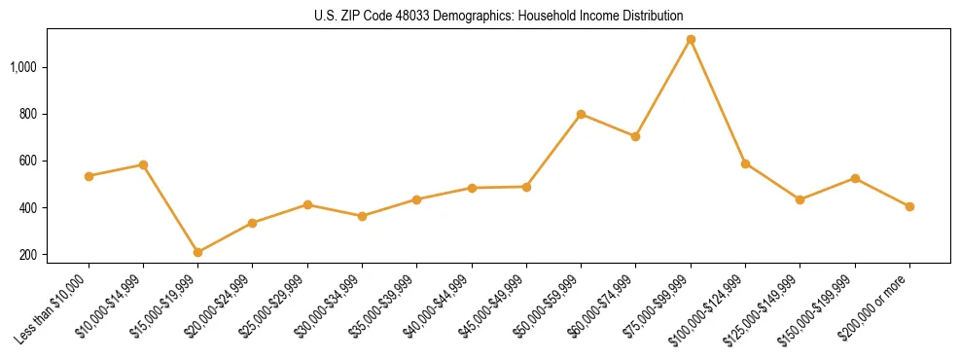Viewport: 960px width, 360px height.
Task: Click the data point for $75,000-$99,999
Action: [x=691, y=40]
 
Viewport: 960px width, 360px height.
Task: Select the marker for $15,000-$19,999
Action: [x=198, y=252]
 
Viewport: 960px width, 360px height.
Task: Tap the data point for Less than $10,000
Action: [x=89, y=176]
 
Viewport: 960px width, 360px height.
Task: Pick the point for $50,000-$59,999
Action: [x=581, y=114]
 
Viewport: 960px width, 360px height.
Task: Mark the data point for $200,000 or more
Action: [x=909, y=206]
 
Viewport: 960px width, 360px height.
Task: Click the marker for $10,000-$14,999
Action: [x=143, y=164]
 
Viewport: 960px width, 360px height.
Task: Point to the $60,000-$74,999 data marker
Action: [x=635, y=136]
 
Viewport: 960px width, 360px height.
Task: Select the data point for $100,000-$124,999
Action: [x=745, y=163]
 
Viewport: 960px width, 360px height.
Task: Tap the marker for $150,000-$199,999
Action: [x=855, y=178]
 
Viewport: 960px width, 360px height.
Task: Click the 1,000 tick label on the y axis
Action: [x=23, y=67]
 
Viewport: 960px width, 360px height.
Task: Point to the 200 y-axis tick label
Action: [x=28, y=255]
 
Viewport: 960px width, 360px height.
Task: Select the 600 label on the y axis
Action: [x=28, y=162]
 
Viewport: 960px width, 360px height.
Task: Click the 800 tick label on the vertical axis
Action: [x=28, y=115]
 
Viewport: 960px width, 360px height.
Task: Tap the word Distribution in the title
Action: [x=655, y=16]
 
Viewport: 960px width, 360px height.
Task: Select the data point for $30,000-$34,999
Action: [x=362, y=216]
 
